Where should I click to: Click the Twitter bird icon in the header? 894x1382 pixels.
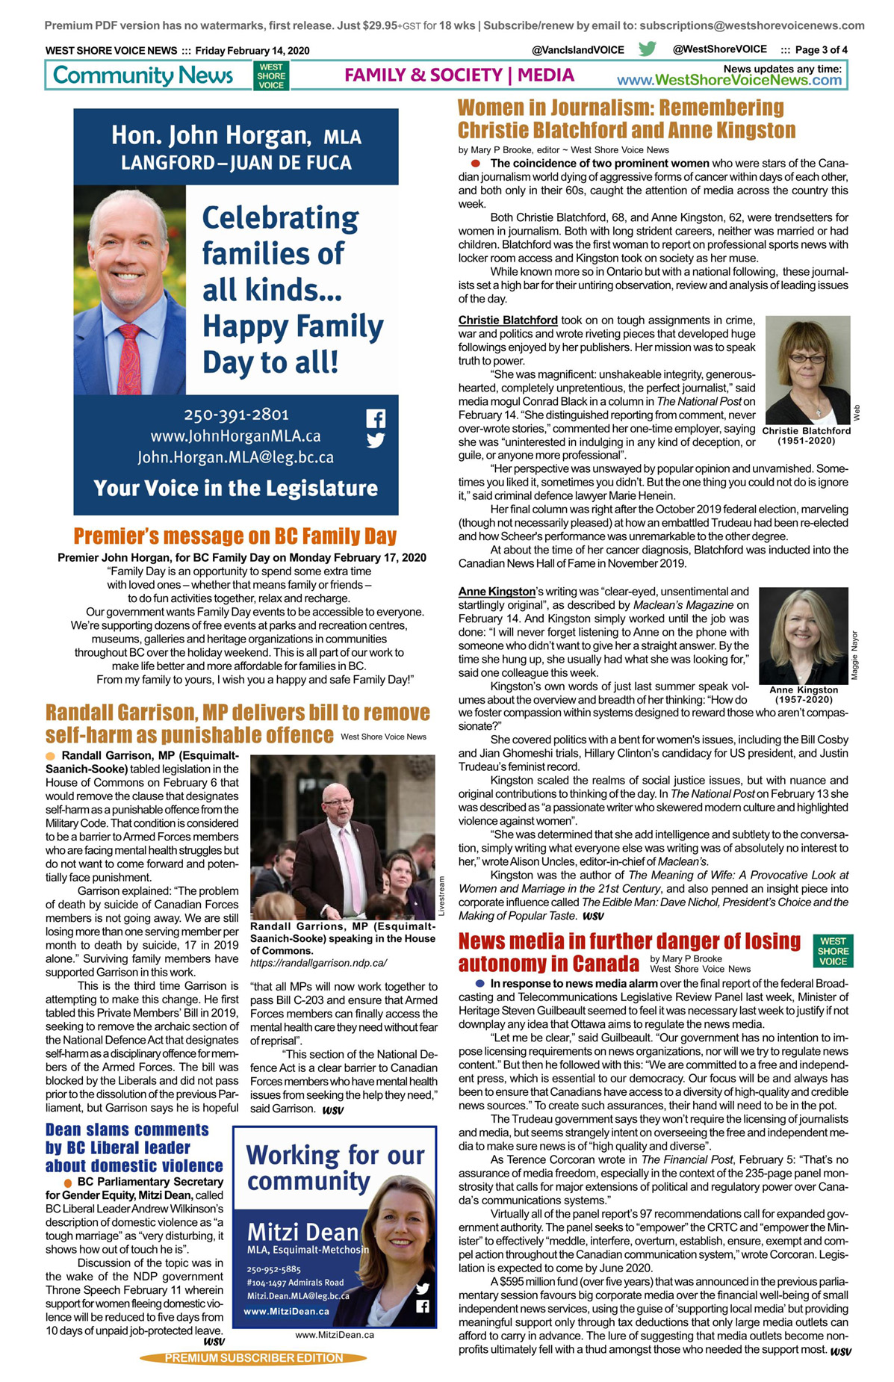647,49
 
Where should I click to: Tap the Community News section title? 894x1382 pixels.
143,75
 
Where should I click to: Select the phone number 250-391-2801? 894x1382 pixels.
236,415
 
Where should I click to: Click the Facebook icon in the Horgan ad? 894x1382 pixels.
376,418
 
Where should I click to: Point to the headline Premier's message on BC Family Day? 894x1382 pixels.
235,536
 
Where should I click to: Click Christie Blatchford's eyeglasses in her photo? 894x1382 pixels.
807,359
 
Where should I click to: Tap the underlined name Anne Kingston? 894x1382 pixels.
497,592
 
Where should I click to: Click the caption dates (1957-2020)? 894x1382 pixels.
803,700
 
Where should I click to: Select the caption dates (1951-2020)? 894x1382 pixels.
806,441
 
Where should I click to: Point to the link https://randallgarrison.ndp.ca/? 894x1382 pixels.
318,963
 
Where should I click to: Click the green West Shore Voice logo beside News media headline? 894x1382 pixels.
833,951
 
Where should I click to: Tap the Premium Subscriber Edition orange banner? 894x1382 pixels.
254,1358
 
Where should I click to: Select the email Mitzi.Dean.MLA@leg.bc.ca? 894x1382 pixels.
298,1296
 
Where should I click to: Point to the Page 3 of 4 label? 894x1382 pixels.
821,50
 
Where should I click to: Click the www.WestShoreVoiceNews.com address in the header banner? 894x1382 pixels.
729,81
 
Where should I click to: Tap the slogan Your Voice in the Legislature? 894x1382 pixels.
236,489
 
